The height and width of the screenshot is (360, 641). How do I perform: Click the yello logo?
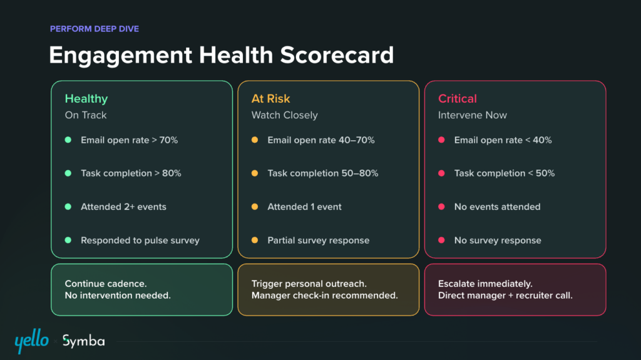click(31, 341)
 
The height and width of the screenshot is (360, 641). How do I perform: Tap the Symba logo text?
click(83, 341)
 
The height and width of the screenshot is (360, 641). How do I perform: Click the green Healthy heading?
click(86, 98)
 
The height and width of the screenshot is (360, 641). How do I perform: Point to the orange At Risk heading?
click(271, 98)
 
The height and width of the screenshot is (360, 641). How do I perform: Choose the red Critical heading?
click(458, 98)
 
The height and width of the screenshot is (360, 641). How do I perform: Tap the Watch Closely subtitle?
click(285, 115)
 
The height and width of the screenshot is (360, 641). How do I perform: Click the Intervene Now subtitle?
click(473, 115)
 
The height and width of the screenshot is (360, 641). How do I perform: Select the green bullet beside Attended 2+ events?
click(68, 207)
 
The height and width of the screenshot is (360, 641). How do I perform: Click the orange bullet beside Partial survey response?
click(255, 240)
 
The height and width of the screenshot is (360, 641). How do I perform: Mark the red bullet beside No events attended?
click(441, 207)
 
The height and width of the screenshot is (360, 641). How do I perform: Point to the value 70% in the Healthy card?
click(169, 140)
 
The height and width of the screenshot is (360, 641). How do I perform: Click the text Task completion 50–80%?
click(323, 173)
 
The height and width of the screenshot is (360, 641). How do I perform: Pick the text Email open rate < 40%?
click(503, 140)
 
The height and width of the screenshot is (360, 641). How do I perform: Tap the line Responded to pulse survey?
click(140, 240)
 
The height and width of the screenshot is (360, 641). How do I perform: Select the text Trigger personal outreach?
click(309, 284)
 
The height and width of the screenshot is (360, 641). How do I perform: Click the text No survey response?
click(498, 240)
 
